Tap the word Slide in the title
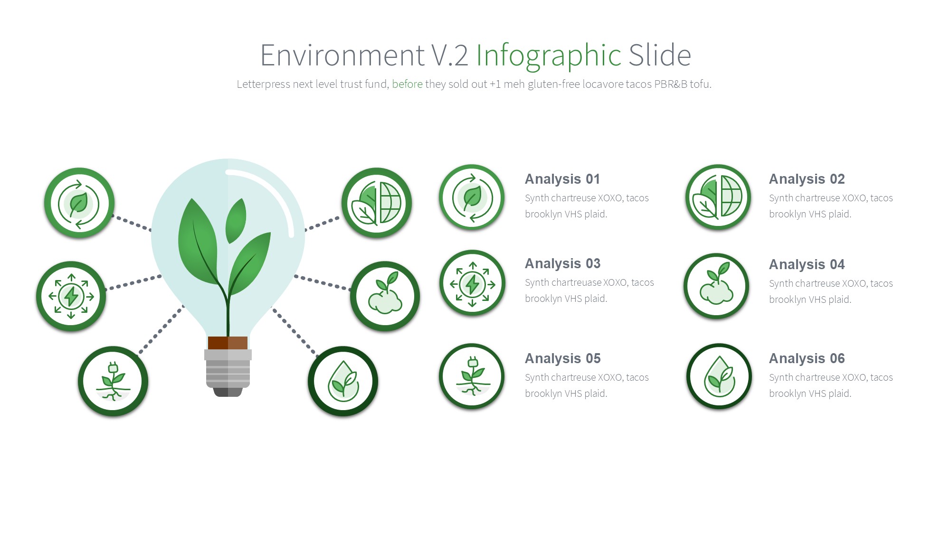660,55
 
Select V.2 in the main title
450,55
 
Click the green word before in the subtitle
407,84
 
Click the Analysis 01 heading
562,179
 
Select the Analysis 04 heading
807,264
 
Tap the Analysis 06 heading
807,358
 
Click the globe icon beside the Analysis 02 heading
718,197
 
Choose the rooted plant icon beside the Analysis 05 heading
472,376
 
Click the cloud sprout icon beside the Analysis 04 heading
716,286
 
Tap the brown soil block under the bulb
228,343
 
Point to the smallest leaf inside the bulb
236,221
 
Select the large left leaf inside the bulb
198,242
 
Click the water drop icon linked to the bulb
343,381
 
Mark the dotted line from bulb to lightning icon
133,282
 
